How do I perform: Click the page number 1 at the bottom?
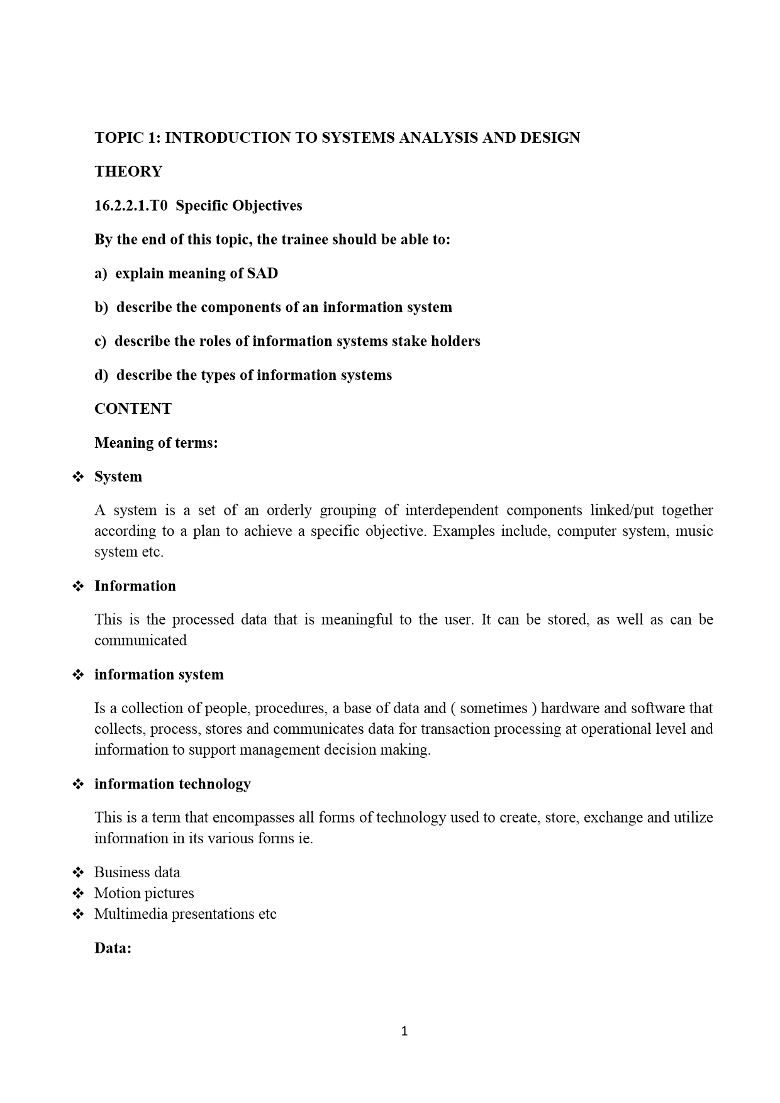[x=404, y=1031]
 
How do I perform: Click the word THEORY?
[x=128, y=172]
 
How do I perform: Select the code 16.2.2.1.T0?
[x=131, y=206]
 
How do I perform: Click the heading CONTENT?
[x=133, y=409]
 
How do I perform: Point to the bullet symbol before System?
[x=79, y=477]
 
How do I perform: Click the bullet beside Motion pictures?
[x=79, y=894]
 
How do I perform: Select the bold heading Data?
[x=113, y=948]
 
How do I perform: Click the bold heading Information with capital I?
[x=135, y=586]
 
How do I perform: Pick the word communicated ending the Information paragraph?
[x=140, y=641]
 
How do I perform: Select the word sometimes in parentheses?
[x=494, y=709]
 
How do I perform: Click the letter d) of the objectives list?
[x=101, y=375]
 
